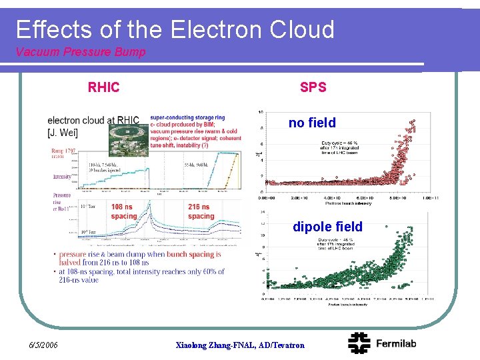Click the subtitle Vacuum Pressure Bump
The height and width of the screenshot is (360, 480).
point(80,52)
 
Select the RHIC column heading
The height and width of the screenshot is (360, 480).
point(104,87)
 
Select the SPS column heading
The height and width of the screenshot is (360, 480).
point(313,87)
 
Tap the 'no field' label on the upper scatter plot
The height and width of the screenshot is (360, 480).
point(312,123)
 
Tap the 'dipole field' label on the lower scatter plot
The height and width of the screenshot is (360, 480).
point(327,227)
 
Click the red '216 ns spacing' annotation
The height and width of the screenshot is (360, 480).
point(200,211)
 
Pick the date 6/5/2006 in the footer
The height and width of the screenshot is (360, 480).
point(44,345)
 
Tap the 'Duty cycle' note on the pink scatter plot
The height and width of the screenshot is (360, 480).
point(342,143)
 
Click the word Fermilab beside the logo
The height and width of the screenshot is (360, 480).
point(396,343)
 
